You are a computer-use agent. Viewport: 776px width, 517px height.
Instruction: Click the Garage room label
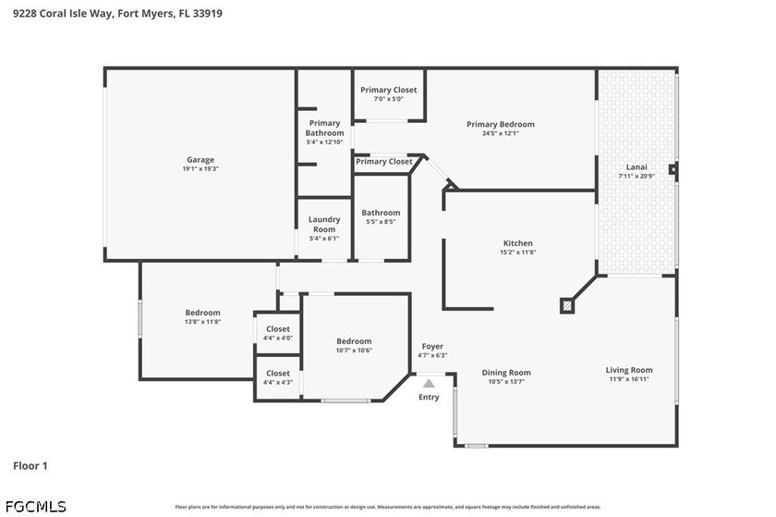point(200,160)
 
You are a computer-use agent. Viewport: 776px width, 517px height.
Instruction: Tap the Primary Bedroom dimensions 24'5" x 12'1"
point(500,133)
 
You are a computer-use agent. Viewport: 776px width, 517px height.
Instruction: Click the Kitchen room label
point(517,243)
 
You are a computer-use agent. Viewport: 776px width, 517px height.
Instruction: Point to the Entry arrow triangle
point(429,382)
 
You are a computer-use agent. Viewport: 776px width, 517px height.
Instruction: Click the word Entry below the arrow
point(429,397)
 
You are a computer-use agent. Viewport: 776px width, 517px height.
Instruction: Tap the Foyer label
point(432,346)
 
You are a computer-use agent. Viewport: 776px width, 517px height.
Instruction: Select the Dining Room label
point(506,373)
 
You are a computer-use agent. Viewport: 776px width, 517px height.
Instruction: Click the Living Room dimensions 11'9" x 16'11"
point(629,379)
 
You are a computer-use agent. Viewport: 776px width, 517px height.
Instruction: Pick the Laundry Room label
point(324,225)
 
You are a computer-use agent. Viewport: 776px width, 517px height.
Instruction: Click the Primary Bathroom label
point(324,128)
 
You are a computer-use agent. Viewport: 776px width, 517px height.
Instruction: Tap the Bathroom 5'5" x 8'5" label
point(381,213)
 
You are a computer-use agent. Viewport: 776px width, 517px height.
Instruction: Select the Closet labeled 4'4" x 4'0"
point(277,329)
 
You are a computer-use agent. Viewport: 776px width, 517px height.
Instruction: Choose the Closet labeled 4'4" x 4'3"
point(277,374)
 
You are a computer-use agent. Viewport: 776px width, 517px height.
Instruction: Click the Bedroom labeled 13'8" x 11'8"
point(202,313)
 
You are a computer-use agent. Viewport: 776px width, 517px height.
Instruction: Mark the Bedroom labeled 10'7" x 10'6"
point(354,341)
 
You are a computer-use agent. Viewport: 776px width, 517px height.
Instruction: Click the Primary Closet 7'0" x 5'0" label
point(388,90)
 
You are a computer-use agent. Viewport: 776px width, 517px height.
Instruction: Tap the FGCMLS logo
point(35,506)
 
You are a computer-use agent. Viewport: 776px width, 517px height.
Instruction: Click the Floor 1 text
point(30,466)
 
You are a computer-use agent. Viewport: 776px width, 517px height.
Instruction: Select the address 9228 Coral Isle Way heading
point(117,14)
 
